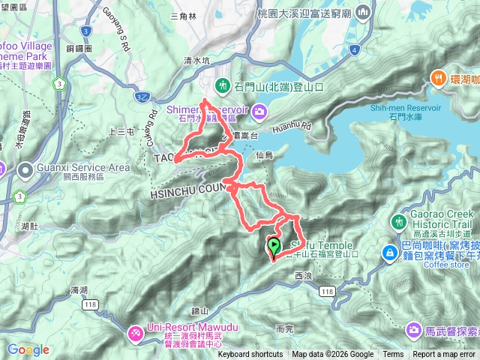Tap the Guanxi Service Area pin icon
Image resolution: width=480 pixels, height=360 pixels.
tap(25, 172)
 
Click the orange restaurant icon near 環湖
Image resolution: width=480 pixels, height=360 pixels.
tap(438, 77)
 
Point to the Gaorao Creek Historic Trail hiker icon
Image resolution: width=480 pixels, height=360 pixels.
tap(398, 221)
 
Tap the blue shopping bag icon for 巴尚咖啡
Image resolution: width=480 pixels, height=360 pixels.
tap(390, 253)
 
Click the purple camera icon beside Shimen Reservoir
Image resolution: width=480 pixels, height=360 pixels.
tap(259, 112)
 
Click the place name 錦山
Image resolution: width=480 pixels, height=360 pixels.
tap(199, 309)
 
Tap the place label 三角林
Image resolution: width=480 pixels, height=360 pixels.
tap(183, 15)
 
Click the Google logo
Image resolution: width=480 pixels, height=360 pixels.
tap(28, 349)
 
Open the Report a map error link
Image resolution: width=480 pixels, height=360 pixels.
tap(443, 355)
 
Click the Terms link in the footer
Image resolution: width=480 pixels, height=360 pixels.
tap(393, 355)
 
